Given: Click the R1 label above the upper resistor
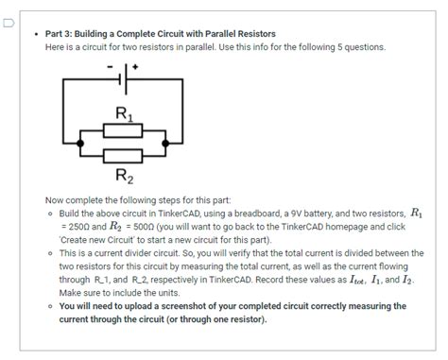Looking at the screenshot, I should (125, 114).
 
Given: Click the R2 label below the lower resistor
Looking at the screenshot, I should (125, 175).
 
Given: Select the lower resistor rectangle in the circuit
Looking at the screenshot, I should (124, 154).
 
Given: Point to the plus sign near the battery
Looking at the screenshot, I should (136, 67).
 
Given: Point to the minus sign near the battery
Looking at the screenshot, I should (112, 67).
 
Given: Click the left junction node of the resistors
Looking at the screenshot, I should (81, 143).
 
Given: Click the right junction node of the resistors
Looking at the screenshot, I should (167, 143).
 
